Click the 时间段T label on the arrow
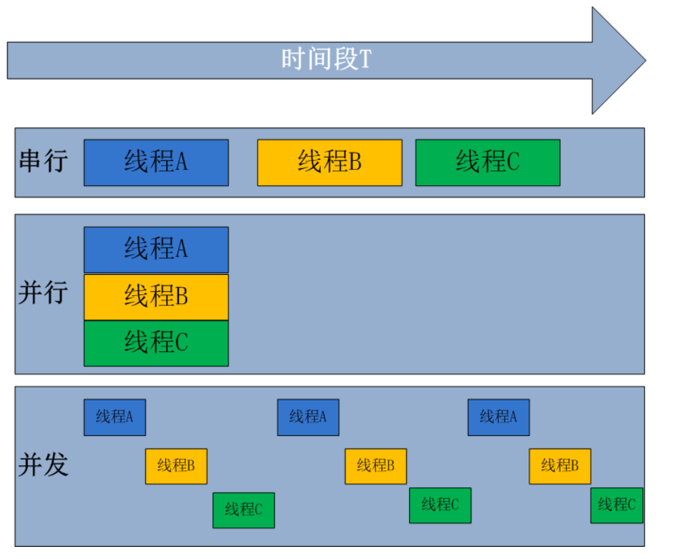click(x=326, y=59)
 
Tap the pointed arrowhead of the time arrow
click(x=645, y=60)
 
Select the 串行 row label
click(x=43, y=161)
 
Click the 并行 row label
click(x=43, y=292)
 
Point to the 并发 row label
click(x=43, y=465)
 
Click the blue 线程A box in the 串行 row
click(x=157, y=162)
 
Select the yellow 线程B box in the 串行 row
click(x=329, y=162)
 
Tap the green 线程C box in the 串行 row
click(x=487, y=162)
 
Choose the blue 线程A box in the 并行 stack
click(x=157, y=250)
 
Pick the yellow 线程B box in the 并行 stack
click(x=157, y=297)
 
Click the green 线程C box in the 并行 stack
click(x=157, y=343)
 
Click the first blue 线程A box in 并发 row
click(x=115, y=417)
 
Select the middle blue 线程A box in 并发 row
click(x=308, y=417)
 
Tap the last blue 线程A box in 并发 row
click(x=499, y=417)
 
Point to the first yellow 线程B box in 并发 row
click(x=176, y=466)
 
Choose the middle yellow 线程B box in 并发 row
click(x=375, y=466)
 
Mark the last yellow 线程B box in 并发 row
click(x=560, y=466)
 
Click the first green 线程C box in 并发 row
click(x=244, y=510)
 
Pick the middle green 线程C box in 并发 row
click(x=441, y=505)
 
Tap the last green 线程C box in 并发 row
click(x=617, y=505)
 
